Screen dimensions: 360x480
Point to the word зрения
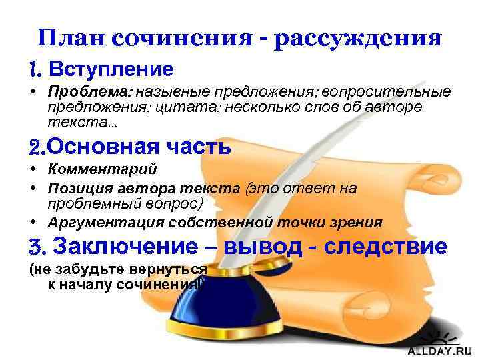357,222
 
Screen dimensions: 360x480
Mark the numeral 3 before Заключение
37,247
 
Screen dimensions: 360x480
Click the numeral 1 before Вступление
35,69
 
